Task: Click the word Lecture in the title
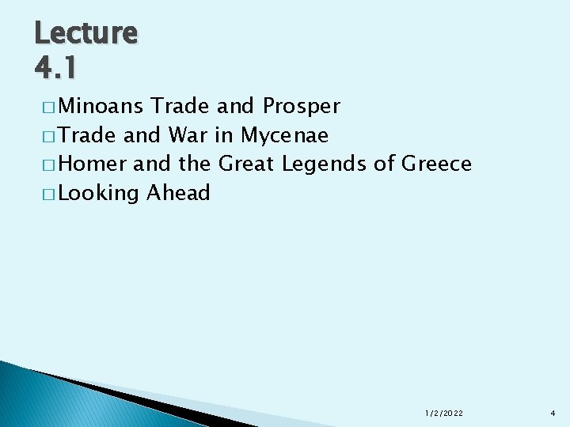pos(86,33)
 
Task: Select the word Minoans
pos(101,106)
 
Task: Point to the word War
pos(188,135)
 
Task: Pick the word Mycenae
pos(284,136)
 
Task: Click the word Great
pos(246,164)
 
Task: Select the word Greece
pos(437,164)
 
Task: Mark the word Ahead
pos(179,192)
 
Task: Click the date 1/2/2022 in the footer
pos(444,414)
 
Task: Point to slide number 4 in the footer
pos(553,414)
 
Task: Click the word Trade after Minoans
pos(180,106)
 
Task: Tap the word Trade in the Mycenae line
pos(89,135)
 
